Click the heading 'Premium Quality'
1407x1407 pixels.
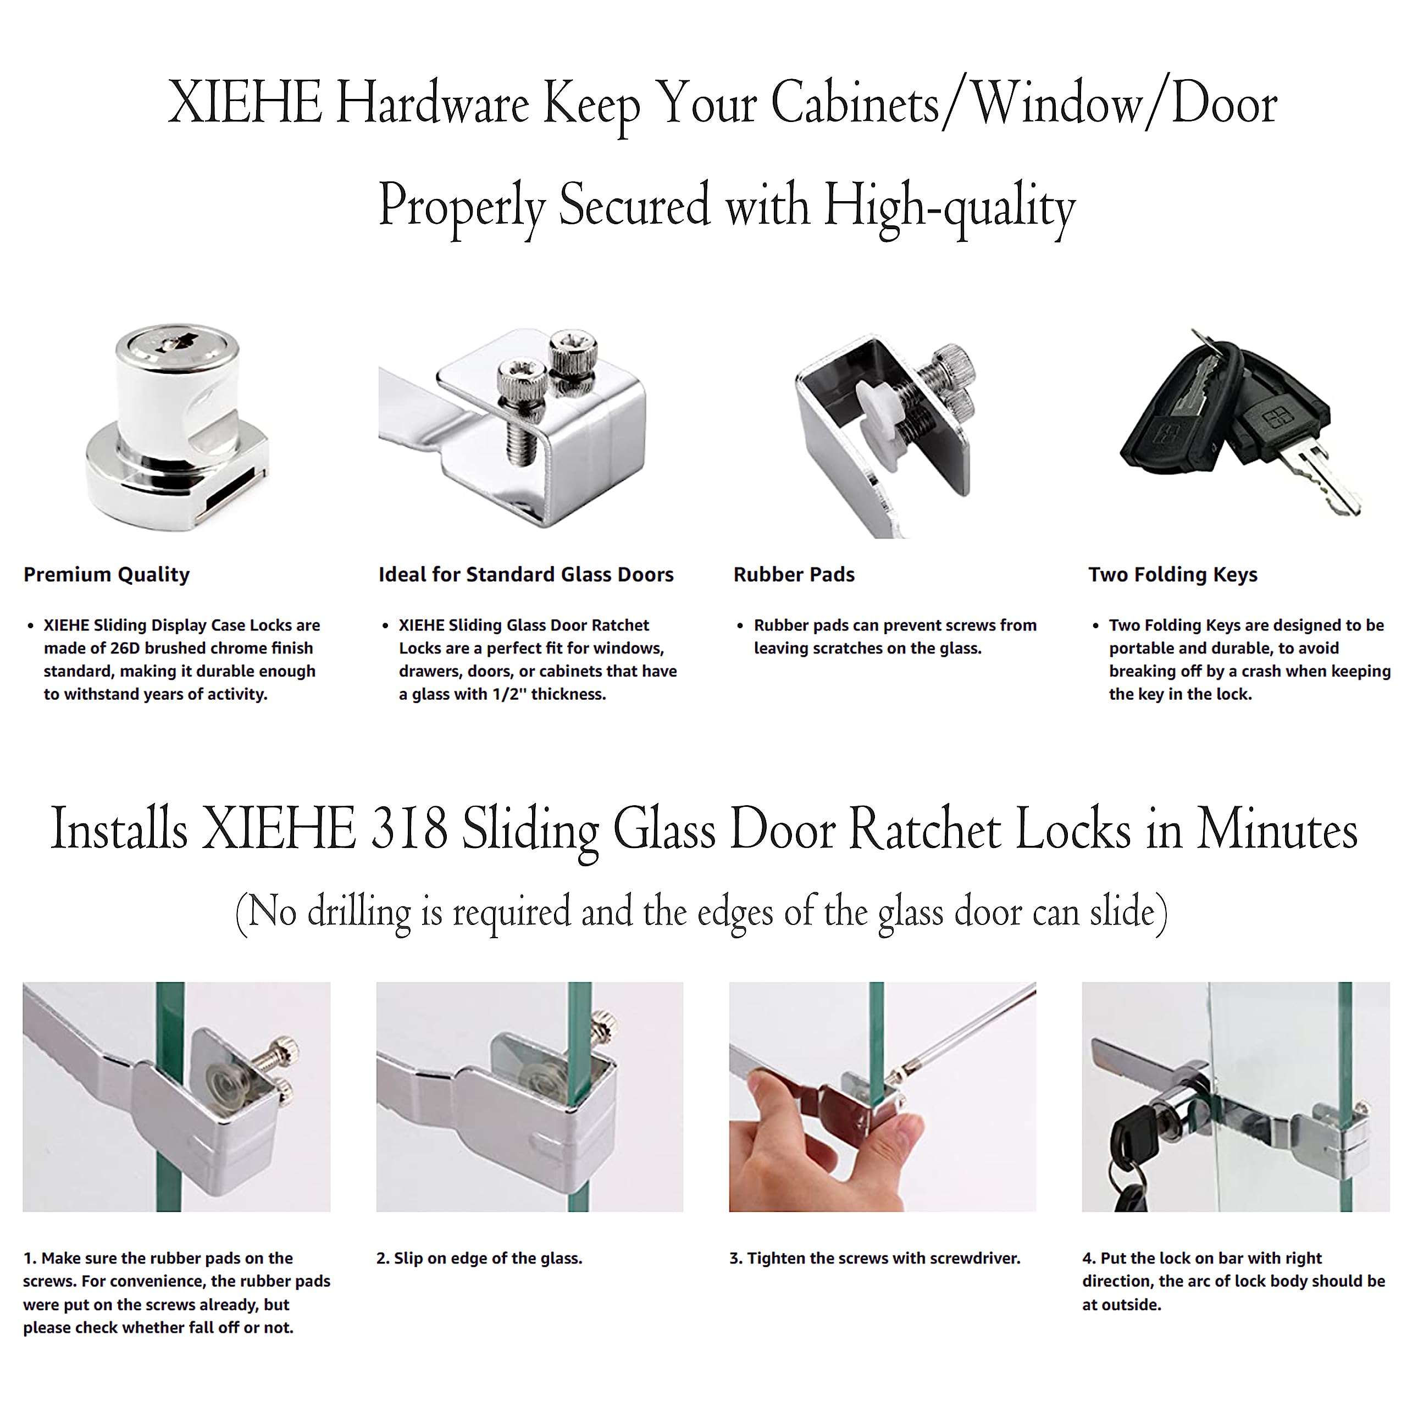pos(106,574)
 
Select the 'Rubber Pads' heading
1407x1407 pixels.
pos(793,574)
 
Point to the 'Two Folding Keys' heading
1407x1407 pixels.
pos(1172,574)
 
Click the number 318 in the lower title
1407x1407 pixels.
pos(409,829)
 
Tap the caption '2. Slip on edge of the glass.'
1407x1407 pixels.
pos(479,1259)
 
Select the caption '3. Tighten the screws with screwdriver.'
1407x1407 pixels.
pos(874,1259)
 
